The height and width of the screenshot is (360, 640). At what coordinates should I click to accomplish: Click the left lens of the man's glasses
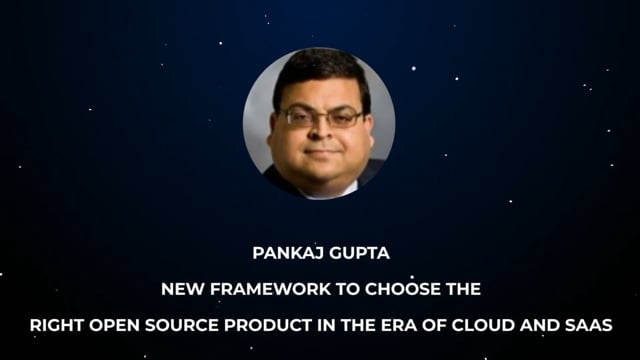click(x=298, y=116)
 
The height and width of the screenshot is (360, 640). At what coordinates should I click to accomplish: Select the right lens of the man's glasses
click(x=342, y=118)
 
